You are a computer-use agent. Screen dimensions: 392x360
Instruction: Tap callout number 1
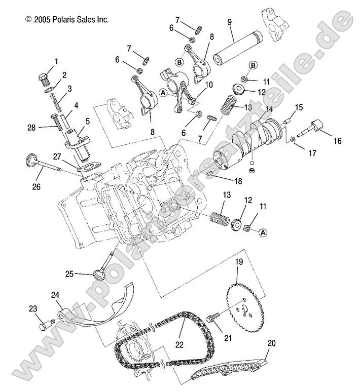pyautogui.click(x=56, y=61)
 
